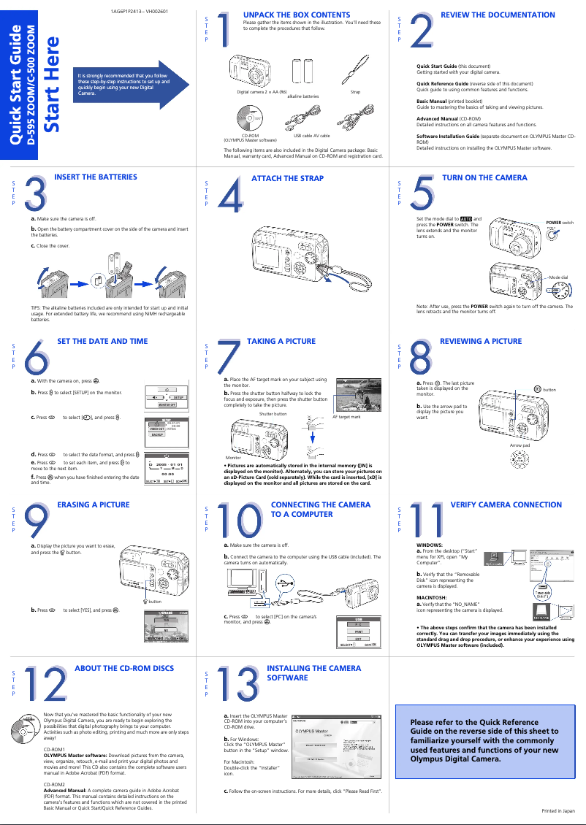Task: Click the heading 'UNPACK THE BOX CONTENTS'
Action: pyautogui.click(x=296, y=15)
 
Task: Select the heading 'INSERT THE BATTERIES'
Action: pyautogui.click(x=96, y=177)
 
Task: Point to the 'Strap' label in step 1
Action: pyautogui.click(x=356, y=93)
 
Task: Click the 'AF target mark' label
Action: pyautogui.click(x=346, y=416)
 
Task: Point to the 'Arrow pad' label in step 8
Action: pyautogui.click(x=520, y=445)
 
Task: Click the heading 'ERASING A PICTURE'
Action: pyautogui.click(x=94, y=504)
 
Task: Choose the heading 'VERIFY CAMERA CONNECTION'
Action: pyautogui.click(x=506, y=504)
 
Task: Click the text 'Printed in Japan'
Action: pyautogui.click(x=558, y=811)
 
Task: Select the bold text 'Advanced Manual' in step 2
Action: pyautogui.click(x=437, y=118)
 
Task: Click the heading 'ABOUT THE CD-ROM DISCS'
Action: pyautogui.click(x=124, y=668)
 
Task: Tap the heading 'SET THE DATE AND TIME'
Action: pyautogui.click(x=102, y=341)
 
